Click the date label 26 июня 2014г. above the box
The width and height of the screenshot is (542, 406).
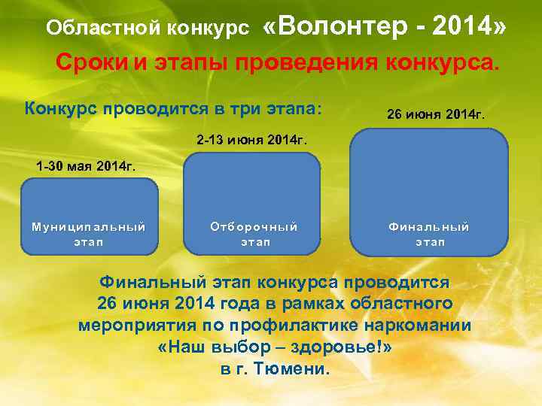436,116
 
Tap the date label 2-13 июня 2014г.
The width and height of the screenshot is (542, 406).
251,140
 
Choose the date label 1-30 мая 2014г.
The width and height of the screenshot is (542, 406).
87,166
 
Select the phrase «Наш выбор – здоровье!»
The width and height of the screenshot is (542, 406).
276,348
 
